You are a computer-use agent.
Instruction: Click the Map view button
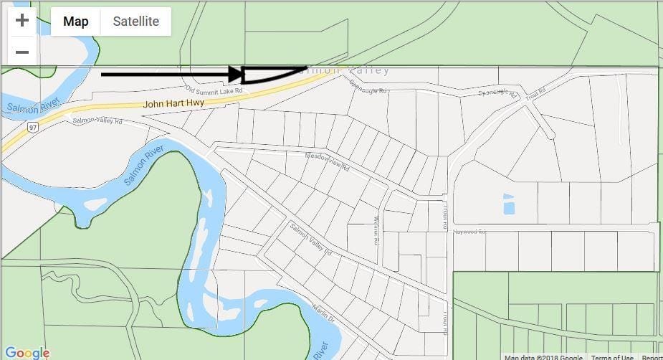[76, 22]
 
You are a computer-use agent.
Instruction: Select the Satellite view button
[135, 22]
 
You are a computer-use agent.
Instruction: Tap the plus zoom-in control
[22, 20]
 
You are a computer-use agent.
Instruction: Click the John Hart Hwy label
[173, 104]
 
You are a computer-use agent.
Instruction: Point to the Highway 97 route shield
[33, 127]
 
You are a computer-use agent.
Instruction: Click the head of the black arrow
[237, 74]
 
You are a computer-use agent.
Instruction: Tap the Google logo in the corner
[27, 353]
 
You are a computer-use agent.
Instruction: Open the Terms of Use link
[612, 357]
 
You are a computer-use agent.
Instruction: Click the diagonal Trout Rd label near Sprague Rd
[535, 93]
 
